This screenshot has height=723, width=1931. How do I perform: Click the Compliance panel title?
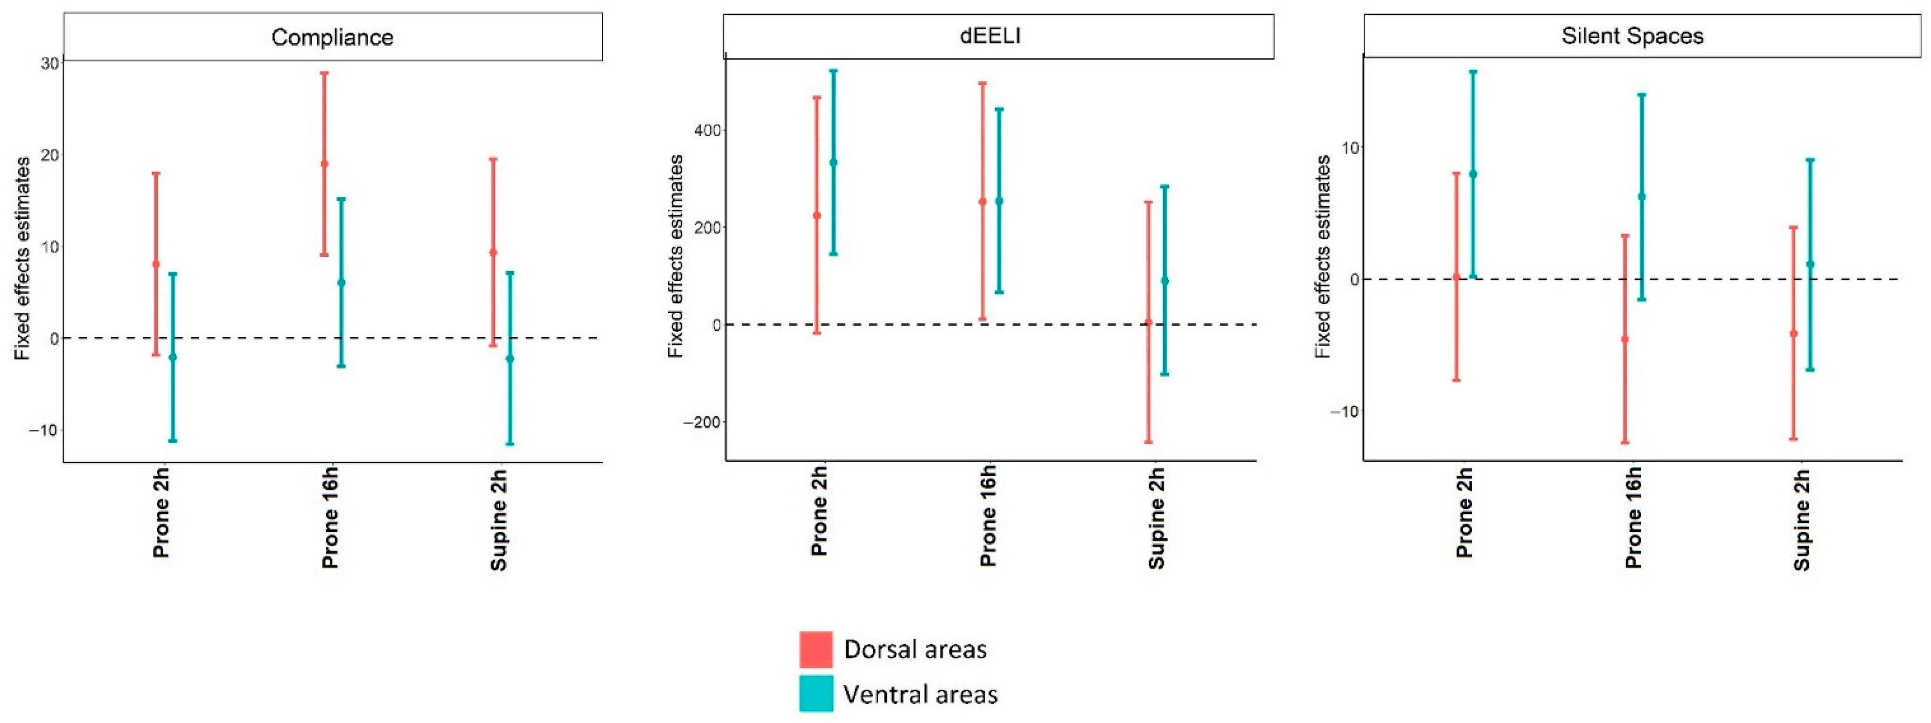pyautogui.click(x=332, y=37)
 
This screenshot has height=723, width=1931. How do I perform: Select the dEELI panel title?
pyautogui.click(x=990, y=35)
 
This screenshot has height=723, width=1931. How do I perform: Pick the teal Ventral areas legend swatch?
pyautogui.click(x=816, y=693)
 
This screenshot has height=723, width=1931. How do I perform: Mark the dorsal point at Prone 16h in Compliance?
pyautogui.click(x=325, y=164)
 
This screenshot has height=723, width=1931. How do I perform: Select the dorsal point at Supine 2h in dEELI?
pyautogui.click(x=1148, y=323)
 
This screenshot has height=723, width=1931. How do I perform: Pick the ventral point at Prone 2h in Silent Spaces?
pyautogui.click(x=1473, y=174)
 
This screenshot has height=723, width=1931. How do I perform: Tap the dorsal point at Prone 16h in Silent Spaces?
pyautogui.click(x=1624, y=340)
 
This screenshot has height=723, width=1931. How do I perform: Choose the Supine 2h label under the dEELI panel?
pyautogui.click(x=1157, y=519)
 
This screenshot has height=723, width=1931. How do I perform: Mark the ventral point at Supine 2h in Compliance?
pyautogui.click(x=510, y=358)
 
